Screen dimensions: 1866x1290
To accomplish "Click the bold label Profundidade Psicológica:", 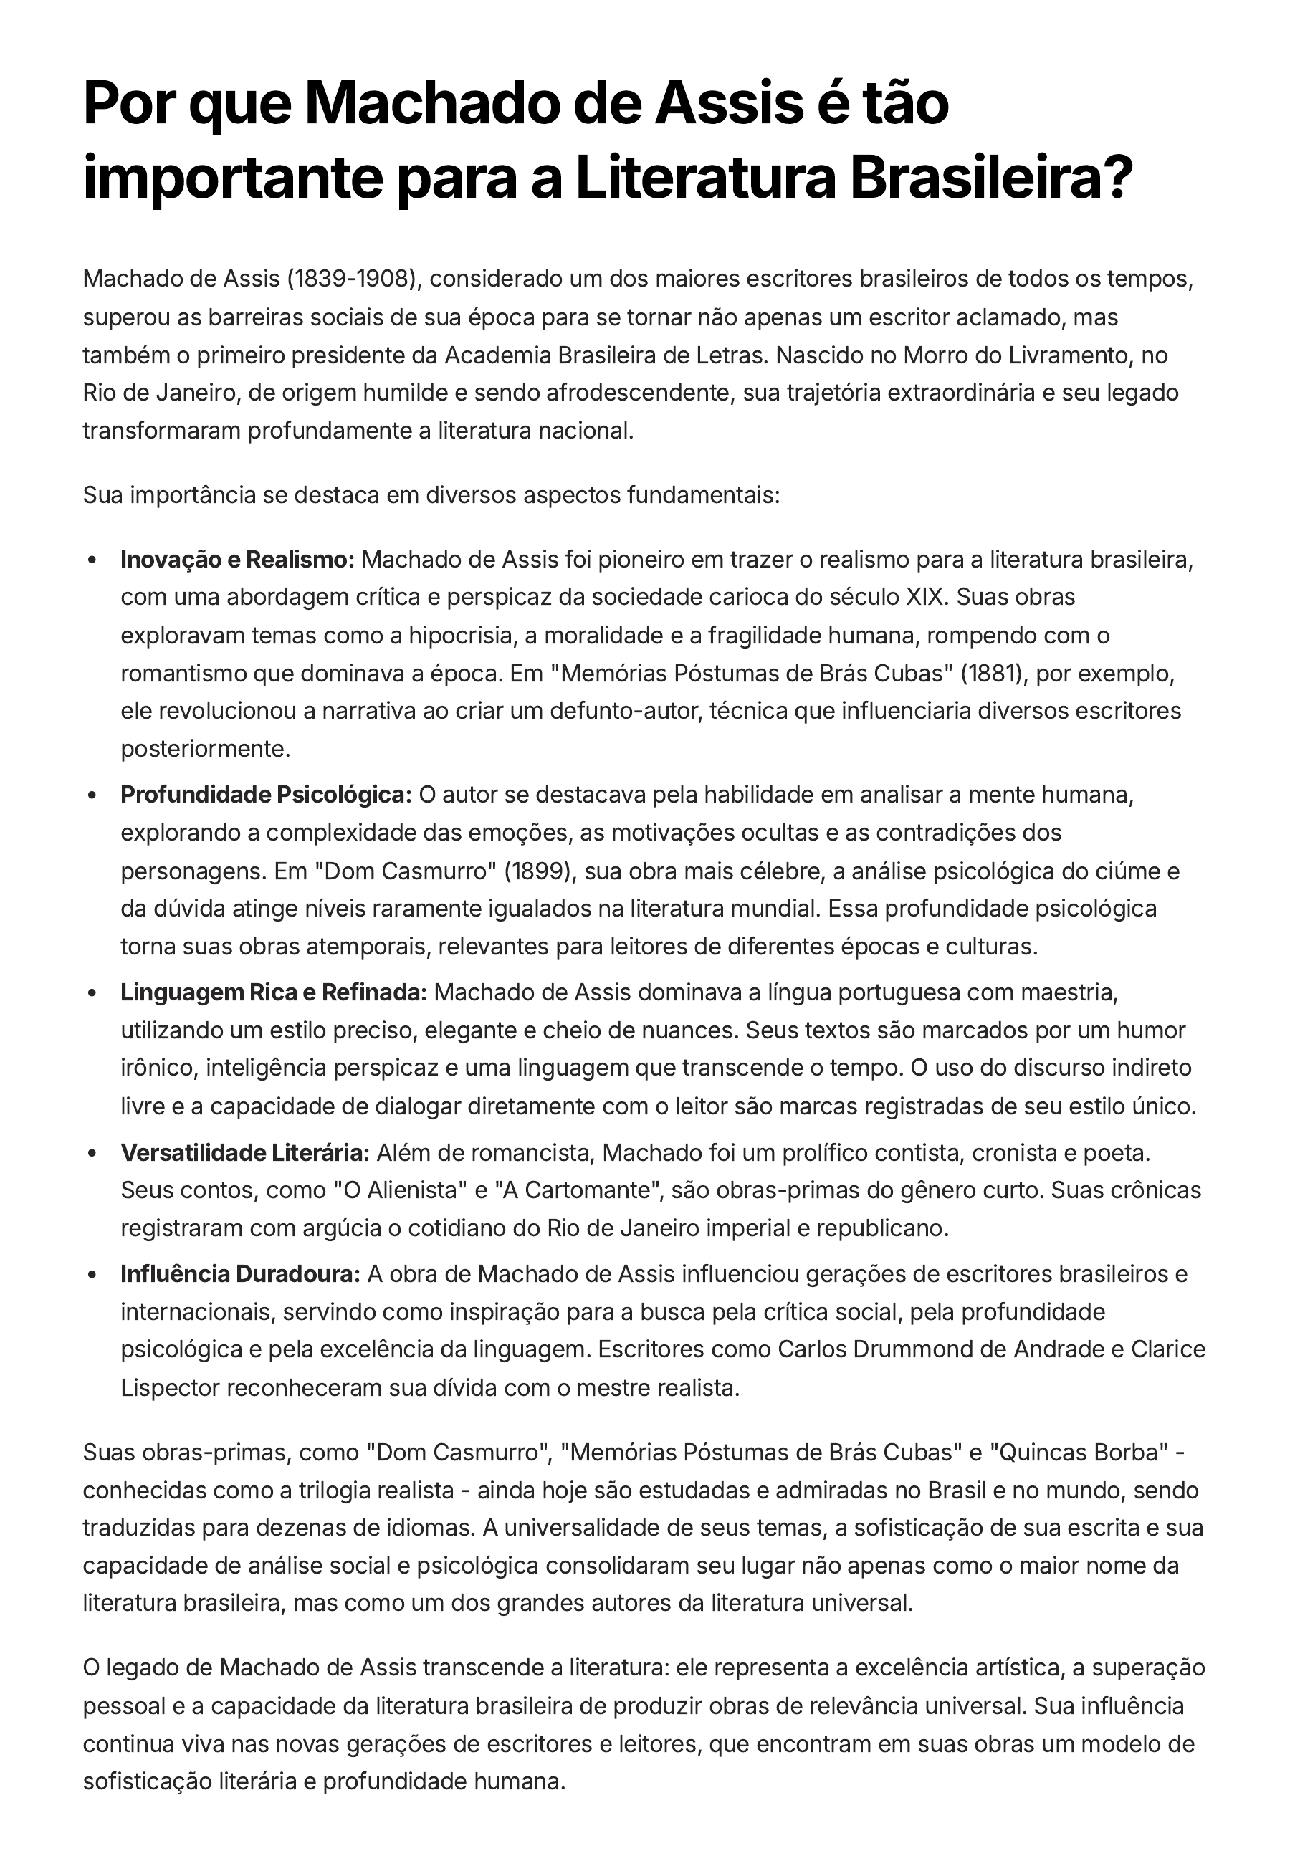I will tap(267, 795).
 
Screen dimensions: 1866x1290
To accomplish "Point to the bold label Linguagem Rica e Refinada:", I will tap(274, 992).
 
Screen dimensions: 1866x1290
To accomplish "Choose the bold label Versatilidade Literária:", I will tap(245, 1152).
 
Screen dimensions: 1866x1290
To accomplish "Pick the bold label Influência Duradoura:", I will tap(240, 1273).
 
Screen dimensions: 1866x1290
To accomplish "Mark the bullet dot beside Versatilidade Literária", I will tap(94, 1154).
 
